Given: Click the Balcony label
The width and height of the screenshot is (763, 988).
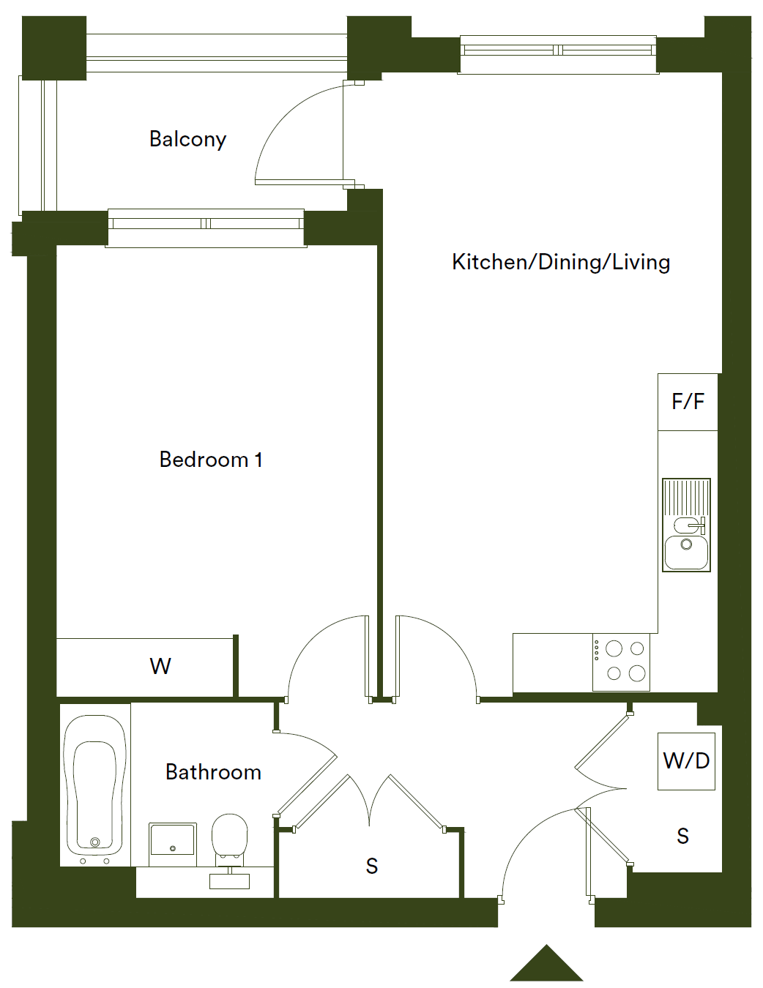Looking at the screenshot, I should tap(187, 139).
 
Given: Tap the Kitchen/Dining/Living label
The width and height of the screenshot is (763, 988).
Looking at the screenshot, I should tap(561, 262).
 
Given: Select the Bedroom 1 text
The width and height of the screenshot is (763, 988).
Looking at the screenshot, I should tap(210, 460).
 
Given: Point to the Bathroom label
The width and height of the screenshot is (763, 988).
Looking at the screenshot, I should tap(213, 772).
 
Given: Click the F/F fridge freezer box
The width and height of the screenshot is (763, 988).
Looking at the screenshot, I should tap(688, 402).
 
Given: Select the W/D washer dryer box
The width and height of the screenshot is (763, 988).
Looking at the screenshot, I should tap(686, 761).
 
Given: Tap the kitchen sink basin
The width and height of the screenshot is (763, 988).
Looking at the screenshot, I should tap(686, 552).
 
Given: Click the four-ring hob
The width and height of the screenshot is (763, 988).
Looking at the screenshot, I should tap(621, 662).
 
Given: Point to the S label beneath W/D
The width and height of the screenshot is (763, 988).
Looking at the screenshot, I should tap(682, 837).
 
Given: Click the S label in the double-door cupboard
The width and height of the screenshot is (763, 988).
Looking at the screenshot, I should tap(372, 867).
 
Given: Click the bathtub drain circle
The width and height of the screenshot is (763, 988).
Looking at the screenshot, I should tap(95, 842).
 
